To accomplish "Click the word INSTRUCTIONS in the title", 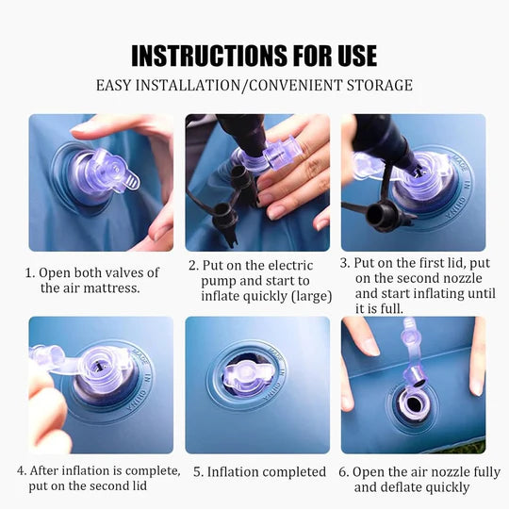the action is click(x=209, y=56).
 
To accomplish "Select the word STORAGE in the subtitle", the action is click(x=380, y=86).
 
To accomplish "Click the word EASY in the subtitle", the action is click(x=114, y=86).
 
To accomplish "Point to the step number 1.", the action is click(x=29, y=272).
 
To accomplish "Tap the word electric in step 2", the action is click(x=290, y=265).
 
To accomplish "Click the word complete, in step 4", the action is click(x=153, y=471).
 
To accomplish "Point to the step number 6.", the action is click(x=343, y=472).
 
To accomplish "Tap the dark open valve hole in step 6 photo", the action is click(x=414, y=403).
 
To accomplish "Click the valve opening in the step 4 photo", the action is click(x=98, y=366).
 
